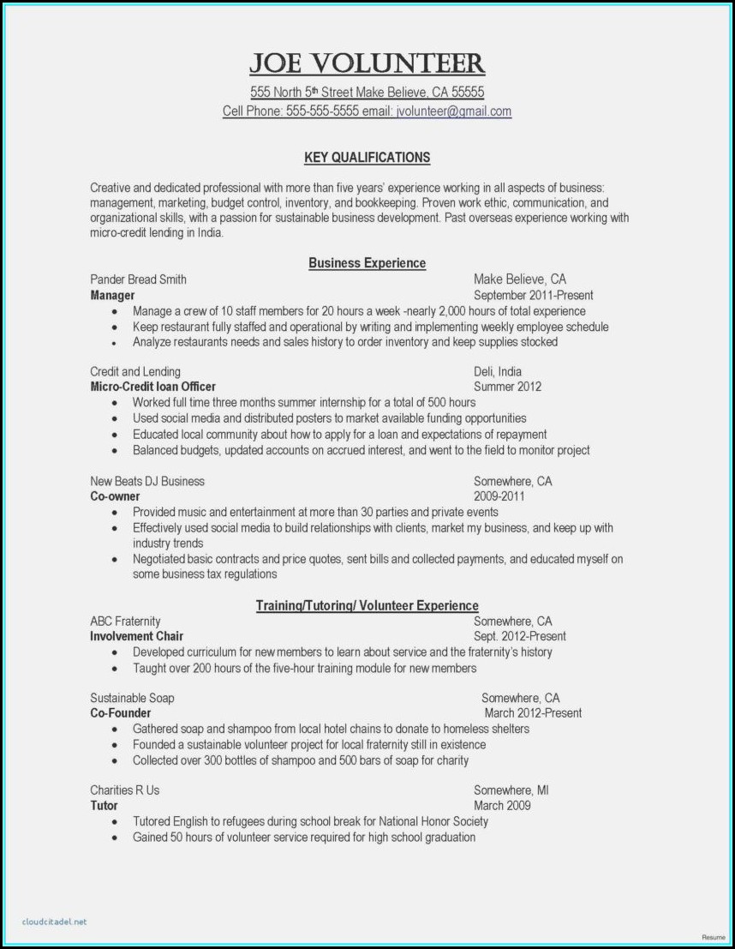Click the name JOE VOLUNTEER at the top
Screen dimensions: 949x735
(x=367, y=63)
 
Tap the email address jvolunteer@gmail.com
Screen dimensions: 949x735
(x=452, y=111)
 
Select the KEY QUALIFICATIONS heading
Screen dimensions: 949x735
(x=367, y=158)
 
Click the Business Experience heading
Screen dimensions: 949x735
(x=367, y=263)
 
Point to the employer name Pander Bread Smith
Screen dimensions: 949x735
(x=138, y=279)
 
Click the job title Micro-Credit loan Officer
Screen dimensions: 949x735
(x=152, y=387)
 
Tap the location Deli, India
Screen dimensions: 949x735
(x=497, y=371)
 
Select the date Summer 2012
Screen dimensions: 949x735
(x=507, y=387)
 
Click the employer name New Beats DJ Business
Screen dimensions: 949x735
(x=147, y=481)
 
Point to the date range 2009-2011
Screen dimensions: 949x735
(x=499, y=496)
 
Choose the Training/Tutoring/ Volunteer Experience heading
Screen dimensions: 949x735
(x=367, y=606)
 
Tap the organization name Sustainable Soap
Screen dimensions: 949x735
(x=132, y=698)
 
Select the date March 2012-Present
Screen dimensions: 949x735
(x=532, y=713)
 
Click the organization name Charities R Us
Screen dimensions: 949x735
(x=124, y=790)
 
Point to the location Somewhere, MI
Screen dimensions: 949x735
(x=511, y=790)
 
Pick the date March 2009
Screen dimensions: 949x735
(x=502, y=806)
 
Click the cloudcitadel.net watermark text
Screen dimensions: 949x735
(x=56, y=922)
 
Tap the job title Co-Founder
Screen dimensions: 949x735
(x=120, y=713)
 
